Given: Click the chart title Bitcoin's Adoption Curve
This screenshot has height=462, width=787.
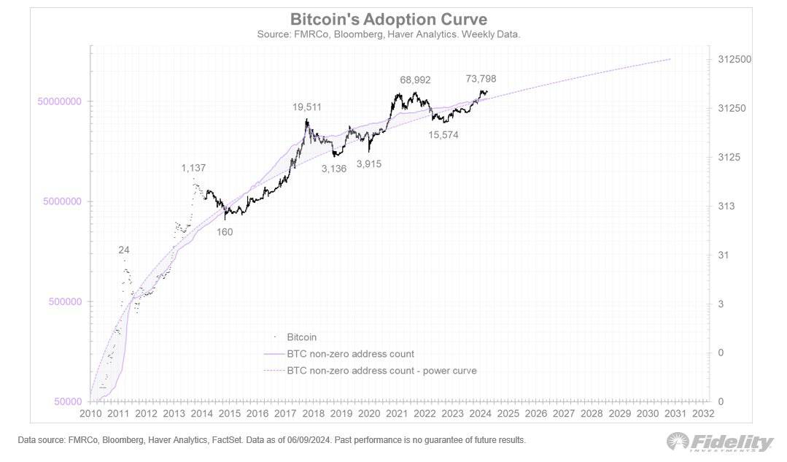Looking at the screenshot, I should click(388, 18).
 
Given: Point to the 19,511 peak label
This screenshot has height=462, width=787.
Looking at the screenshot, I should click(307, 107).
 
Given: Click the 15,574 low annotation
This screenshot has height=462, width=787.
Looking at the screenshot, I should click(443, 135).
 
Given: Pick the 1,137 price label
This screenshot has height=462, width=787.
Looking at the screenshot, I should click(193, 168).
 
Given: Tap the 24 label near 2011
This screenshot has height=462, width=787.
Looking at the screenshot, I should click(124, 250).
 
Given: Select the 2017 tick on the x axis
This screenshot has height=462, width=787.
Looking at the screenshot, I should click(285, 413).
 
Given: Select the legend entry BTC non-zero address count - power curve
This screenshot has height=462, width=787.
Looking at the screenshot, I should click(381, 371).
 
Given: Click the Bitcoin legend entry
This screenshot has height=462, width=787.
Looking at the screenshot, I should click(301, 337).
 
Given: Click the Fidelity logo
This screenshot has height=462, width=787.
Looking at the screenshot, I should click(720, 442).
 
